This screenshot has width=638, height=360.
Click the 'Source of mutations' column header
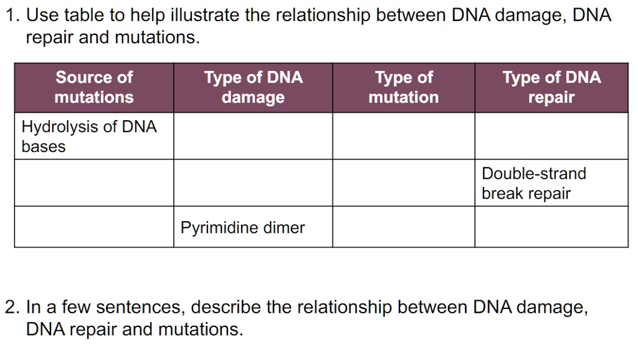click(x=94, y=87)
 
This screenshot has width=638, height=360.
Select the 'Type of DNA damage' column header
click(x=253, y=87)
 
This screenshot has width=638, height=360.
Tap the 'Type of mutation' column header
click(x=404, y=87)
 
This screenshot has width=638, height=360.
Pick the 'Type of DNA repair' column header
click(x=551, y=87)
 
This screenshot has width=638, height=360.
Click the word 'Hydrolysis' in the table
click(x=60, y=127)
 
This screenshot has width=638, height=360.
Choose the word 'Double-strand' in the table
click(x=534, y=173)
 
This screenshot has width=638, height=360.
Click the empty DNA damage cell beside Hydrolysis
click(x=253, y=136)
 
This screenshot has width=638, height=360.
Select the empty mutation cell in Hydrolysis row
click(x=404, y=136)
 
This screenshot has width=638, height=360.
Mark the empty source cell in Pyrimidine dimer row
click(x=94, y=227)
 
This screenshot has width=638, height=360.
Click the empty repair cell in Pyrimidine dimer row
click(x=551, y=227)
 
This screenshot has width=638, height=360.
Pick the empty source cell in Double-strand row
click(x=94, y=183)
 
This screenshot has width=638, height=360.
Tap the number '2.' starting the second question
click(x=12, y=308)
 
